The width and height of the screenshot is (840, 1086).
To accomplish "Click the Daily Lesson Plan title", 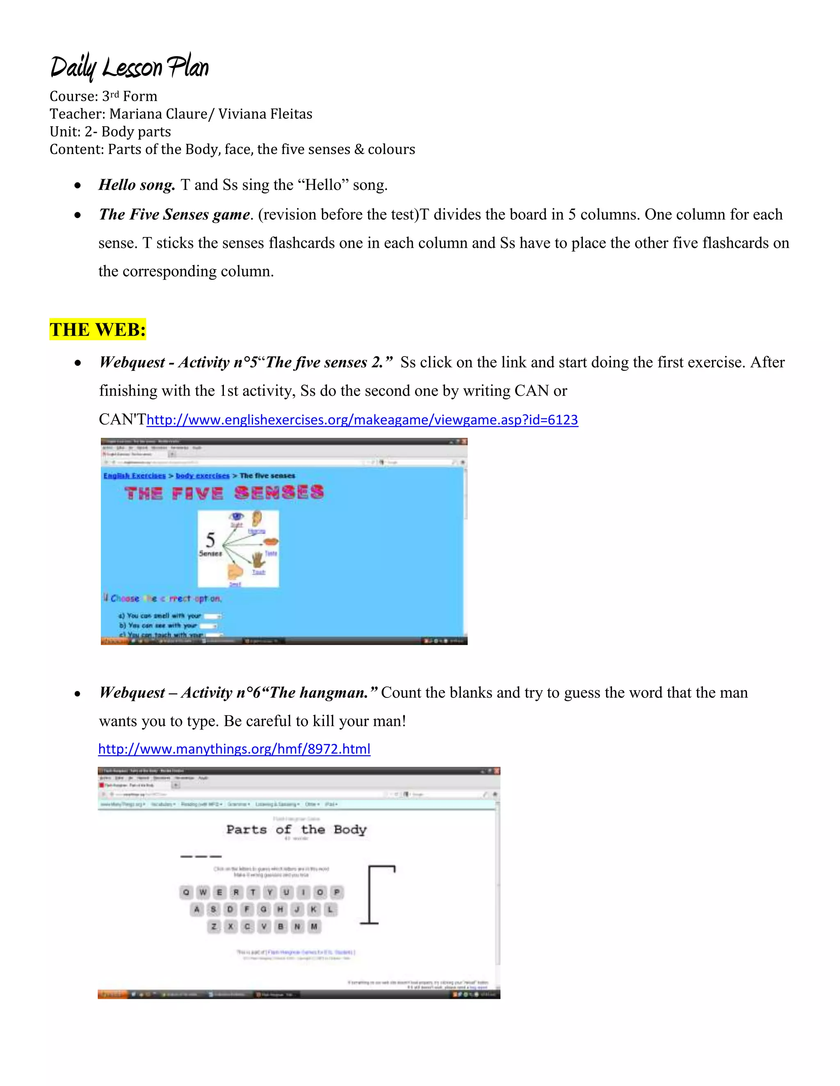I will point(129,67).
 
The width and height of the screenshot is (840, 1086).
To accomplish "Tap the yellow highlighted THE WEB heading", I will point(98,329).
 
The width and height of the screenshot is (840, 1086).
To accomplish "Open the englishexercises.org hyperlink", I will point(362,420).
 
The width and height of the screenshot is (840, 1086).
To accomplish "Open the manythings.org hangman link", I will point(234,749).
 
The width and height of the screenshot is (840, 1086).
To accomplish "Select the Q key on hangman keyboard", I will point(186,892).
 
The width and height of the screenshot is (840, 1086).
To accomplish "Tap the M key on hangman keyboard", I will point(314,927).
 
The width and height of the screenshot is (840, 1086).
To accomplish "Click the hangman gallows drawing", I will point(378,895).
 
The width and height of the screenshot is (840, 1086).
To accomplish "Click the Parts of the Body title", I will point(296,829).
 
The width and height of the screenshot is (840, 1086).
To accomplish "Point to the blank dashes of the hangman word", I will point(201,856).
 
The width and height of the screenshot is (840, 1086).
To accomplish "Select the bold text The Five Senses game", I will point(174,214).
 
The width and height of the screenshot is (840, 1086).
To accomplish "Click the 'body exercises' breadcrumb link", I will point(203,476).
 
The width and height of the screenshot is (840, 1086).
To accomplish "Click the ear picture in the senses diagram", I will point(257,518).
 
